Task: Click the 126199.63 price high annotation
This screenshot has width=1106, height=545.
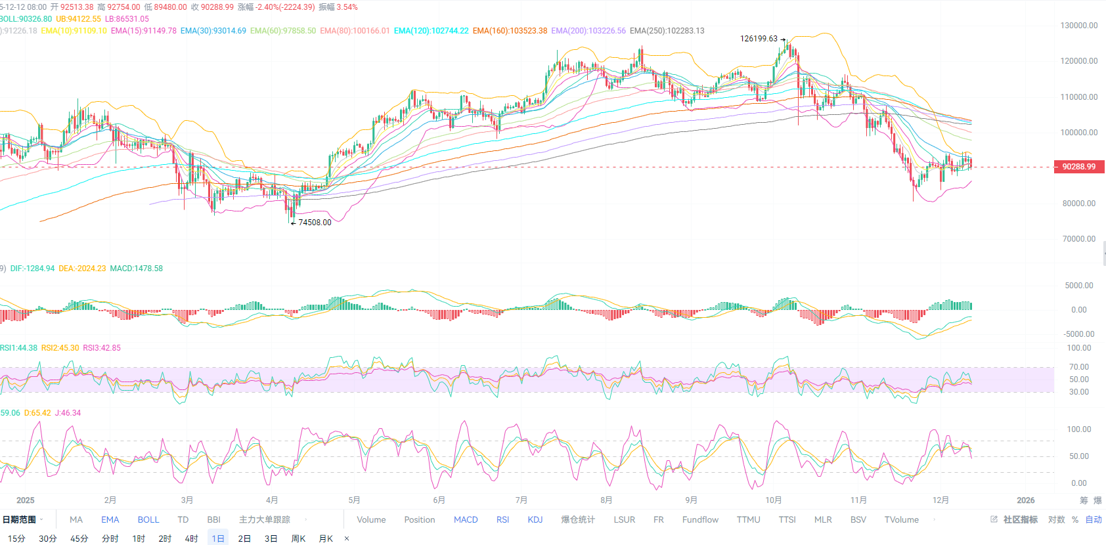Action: (x=759, y=39)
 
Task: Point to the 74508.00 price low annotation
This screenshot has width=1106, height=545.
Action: (x=315, y=223)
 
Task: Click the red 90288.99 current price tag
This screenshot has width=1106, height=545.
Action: (x=1078, y=167)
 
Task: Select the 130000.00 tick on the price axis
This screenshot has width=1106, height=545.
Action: (x=1078, y=26)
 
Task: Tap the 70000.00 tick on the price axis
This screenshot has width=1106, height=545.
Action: (x=1078, y=239)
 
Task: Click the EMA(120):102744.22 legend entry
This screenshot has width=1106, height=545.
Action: (x=431, y=31)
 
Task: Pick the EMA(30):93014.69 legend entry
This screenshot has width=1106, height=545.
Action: (x=213, y=31)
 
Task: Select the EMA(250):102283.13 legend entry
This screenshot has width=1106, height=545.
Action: (x=667, y=31)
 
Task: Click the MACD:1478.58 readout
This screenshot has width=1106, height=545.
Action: (x=136, y=269)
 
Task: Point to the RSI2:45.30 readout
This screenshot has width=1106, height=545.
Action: (x=60, y=348)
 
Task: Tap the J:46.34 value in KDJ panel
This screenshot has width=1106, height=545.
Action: (x=68, y=413)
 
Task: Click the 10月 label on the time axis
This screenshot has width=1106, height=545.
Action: (x=773, y=500)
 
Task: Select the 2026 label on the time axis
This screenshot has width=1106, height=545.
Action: (x=1025, y=500)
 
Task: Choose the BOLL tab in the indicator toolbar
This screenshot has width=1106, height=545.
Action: (x=148, y=519)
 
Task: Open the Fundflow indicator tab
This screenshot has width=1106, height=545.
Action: (x=700, y=519)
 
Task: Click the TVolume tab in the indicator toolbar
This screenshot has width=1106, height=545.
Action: (x=901, y=519)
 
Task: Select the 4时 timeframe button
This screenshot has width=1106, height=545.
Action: (x=191, y=538)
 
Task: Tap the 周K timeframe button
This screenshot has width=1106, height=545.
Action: (x=298, y=538)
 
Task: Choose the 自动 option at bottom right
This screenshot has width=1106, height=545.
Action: (x=1094, y=519)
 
